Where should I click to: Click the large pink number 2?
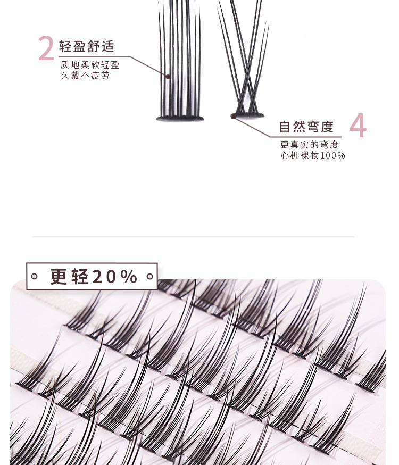click(x=47, y=48)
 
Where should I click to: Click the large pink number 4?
click(x=358, y=126)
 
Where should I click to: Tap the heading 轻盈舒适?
click(x=87, y=46)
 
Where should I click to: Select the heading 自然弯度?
click(x=306, y=127)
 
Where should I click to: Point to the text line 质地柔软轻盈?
click(x=90, y=65)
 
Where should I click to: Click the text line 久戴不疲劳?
click(x=85, y=76)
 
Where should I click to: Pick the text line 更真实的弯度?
click(x=310, y=145)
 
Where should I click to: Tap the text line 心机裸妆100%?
click(x=313, y=155)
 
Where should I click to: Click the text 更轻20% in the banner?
click(x=94, y=277)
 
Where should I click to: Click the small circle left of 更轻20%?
click(x=35, y=277)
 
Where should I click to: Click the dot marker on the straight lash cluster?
click(x=168, y=77)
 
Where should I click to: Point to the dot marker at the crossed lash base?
click(x=233, y=116)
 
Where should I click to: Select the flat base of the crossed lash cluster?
click(x=248, y=115)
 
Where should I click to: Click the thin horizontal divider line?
click(x=193, y=236)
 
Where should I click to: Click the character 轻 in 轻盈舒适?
click(x=65, y=46)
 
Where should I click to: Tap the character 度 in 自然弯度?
click(x=327, y=127)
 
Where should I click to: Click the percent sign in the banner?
click(x=129, y=277)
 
